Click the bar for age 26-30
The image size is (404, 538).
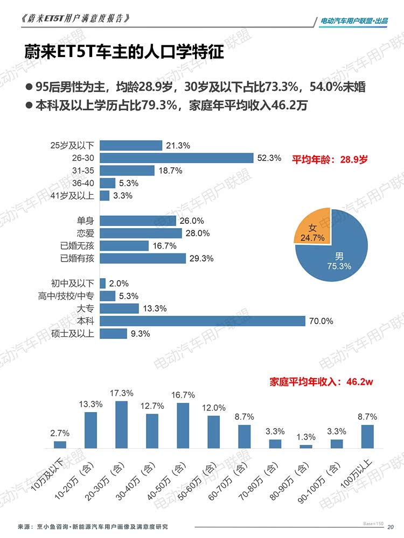pos(177,158)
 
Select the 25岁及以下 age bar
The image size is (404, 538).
pos(131,145)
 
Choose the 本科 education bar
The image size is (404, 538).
pos(203,321)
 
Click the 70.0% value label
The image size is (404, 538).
pos(321,321)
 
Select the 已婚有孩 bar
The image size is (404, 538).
pos(143,258)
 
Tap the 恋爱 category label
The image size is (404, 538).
pos(85,233)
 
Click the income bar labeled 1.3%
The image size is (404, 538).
pos(306,447)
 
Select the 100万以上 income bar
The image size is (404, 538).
pos(367,436)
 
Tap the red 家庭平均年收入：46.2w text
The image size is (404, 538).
pos(322,382)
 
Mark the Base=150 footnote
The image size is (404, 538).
pos(373,523)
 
